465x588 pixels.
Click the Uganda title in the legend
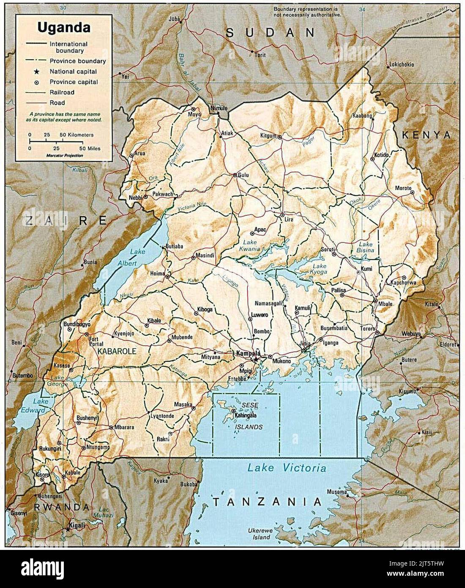63,28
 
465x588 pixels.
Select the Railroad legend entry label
62,92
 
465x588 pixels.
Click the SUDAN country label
270,33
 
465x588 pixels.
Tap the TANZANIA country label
267,502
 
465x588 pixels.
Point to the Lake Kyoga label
320,269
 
